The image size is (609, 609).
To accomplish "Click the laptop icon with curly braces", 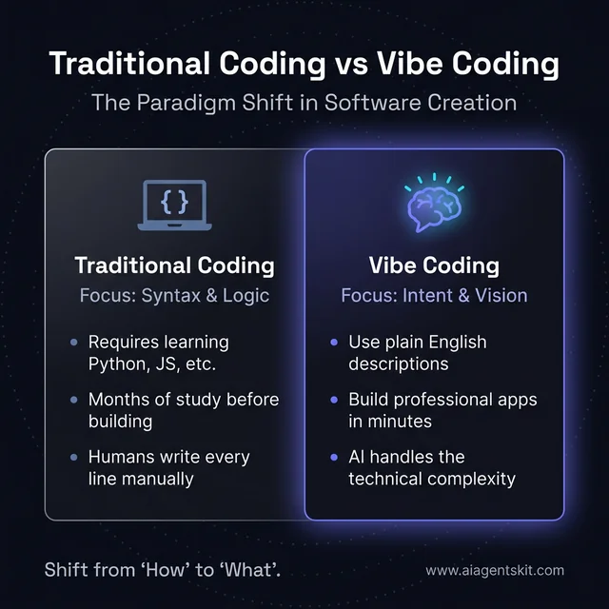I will (x=174, y=205).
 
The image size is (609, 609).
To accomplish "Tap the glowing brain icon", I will (x=433, y=203).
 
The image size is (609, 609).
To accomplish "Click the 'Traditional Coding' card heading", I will (x=174, y=265).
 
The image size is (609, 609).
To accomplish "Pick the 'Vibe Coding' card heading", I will (x=434, y=265).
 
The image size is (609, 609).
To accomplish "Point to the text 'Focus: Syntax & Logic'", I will (x=174, y=295).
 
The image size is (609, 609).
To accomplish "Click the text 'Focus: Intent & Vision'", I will (x=434, y=295).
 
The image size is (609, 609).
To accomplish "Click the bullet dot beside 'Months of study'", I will (x=74, y=400).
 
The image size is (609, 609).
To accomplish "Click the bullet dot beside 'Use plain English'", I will (x=333, y=342).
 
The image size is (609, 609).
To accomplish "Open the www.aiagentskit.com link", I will (x=494, y=571).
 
